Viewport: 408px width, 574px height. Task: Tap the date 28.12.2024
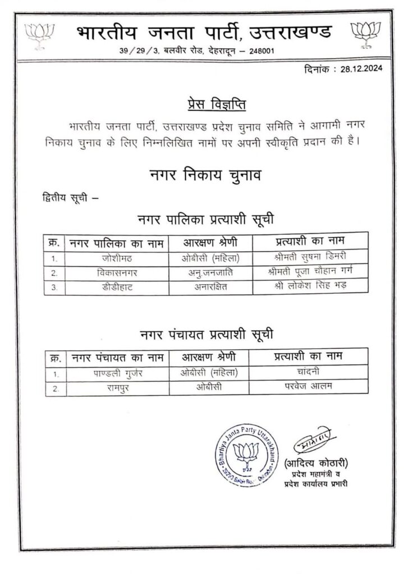356,70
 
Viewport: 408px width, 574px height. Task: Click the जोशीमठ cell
117,258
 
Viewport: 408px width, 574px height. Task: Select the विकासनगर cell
117,273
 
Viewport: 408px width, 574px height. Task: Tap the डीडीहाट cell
117,286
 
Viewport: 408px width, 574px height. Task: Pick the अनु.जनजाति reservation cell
210,273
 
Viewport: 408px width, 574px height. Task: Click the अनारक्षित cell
210,286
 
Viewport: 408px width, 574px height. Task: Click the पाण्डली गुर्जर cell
117,373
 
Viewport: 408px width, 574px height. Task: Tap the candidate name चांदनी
309,373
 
